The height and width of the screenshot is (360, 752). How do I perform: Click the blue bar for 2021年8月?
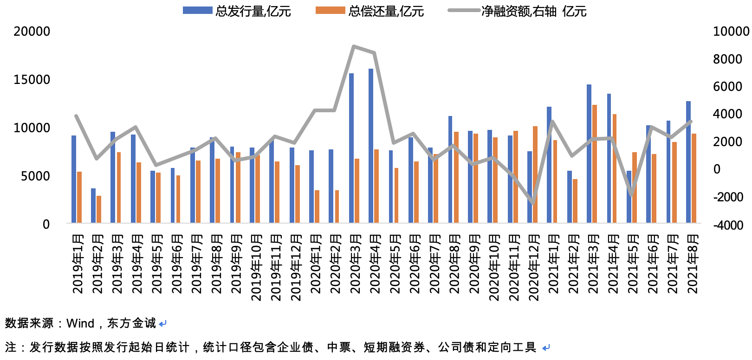pos(688,162)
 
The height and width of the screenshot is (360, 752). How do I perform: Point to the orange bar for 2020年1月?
pos(317,206)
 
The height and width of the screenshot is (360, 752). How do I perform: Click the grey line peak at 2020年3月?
pos(354,46)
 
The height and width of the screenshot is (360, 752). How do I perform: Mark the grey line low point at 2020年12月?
pos(533,203)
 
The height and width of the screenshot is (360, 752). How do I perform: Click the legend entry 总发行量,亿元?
pos(237,11)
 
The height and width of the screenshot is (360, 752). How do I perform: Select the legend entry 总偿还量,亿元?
pos(370,11)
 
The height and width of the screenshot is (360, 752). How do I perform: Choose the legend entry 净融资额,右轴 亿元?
pos(518,11)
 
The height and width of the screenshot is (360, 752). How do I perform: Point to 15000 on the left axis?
pos(32,80)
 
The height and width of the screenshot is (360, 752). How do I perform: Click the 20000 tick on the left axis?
pos(32,32)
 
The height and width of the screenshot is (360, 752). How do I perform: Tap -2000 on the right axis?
pos(728,198)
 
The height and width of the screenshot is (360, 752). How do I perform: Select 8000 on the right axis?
pos(728,59)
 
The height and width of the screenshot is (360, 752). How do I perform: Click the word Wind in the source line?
pos(80,323)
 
